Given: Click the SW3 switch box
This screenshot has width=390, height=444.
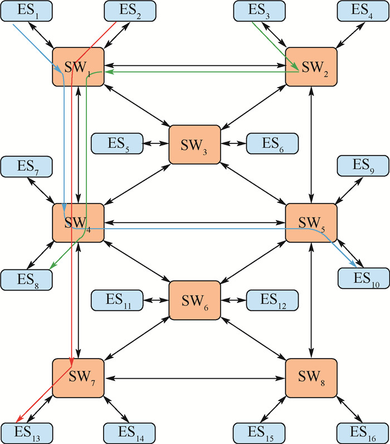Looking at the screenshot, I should [194, 143].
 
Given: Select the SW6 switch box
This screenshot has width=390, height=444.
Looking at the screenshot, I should [194, 300].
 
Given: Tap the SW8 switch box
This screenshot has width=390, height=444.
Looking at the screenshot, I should [311, 378].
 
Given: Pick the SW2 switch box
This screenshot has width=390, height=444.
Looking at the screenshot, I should [311, 66].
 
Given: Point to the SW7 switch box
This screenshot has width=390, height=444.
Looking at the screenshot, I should [79, 378].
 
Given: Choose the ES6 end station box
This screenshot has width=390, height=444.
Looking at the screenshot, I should [272, 143].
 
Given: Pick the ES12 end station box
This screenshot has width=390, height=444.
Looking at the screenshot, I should [272, 300].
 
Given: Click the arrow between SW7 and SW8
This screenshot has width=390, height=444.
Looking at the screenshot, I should [194, 378].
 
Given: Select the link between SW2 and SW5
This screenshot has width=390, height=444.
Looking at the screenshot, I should [311, 144].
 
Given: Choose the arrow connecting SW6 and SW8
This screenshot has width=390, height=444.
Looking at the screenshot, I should [253, 339].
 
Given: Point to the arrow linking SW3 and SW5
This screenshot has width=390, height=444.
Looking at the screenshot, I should [253, 183].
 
